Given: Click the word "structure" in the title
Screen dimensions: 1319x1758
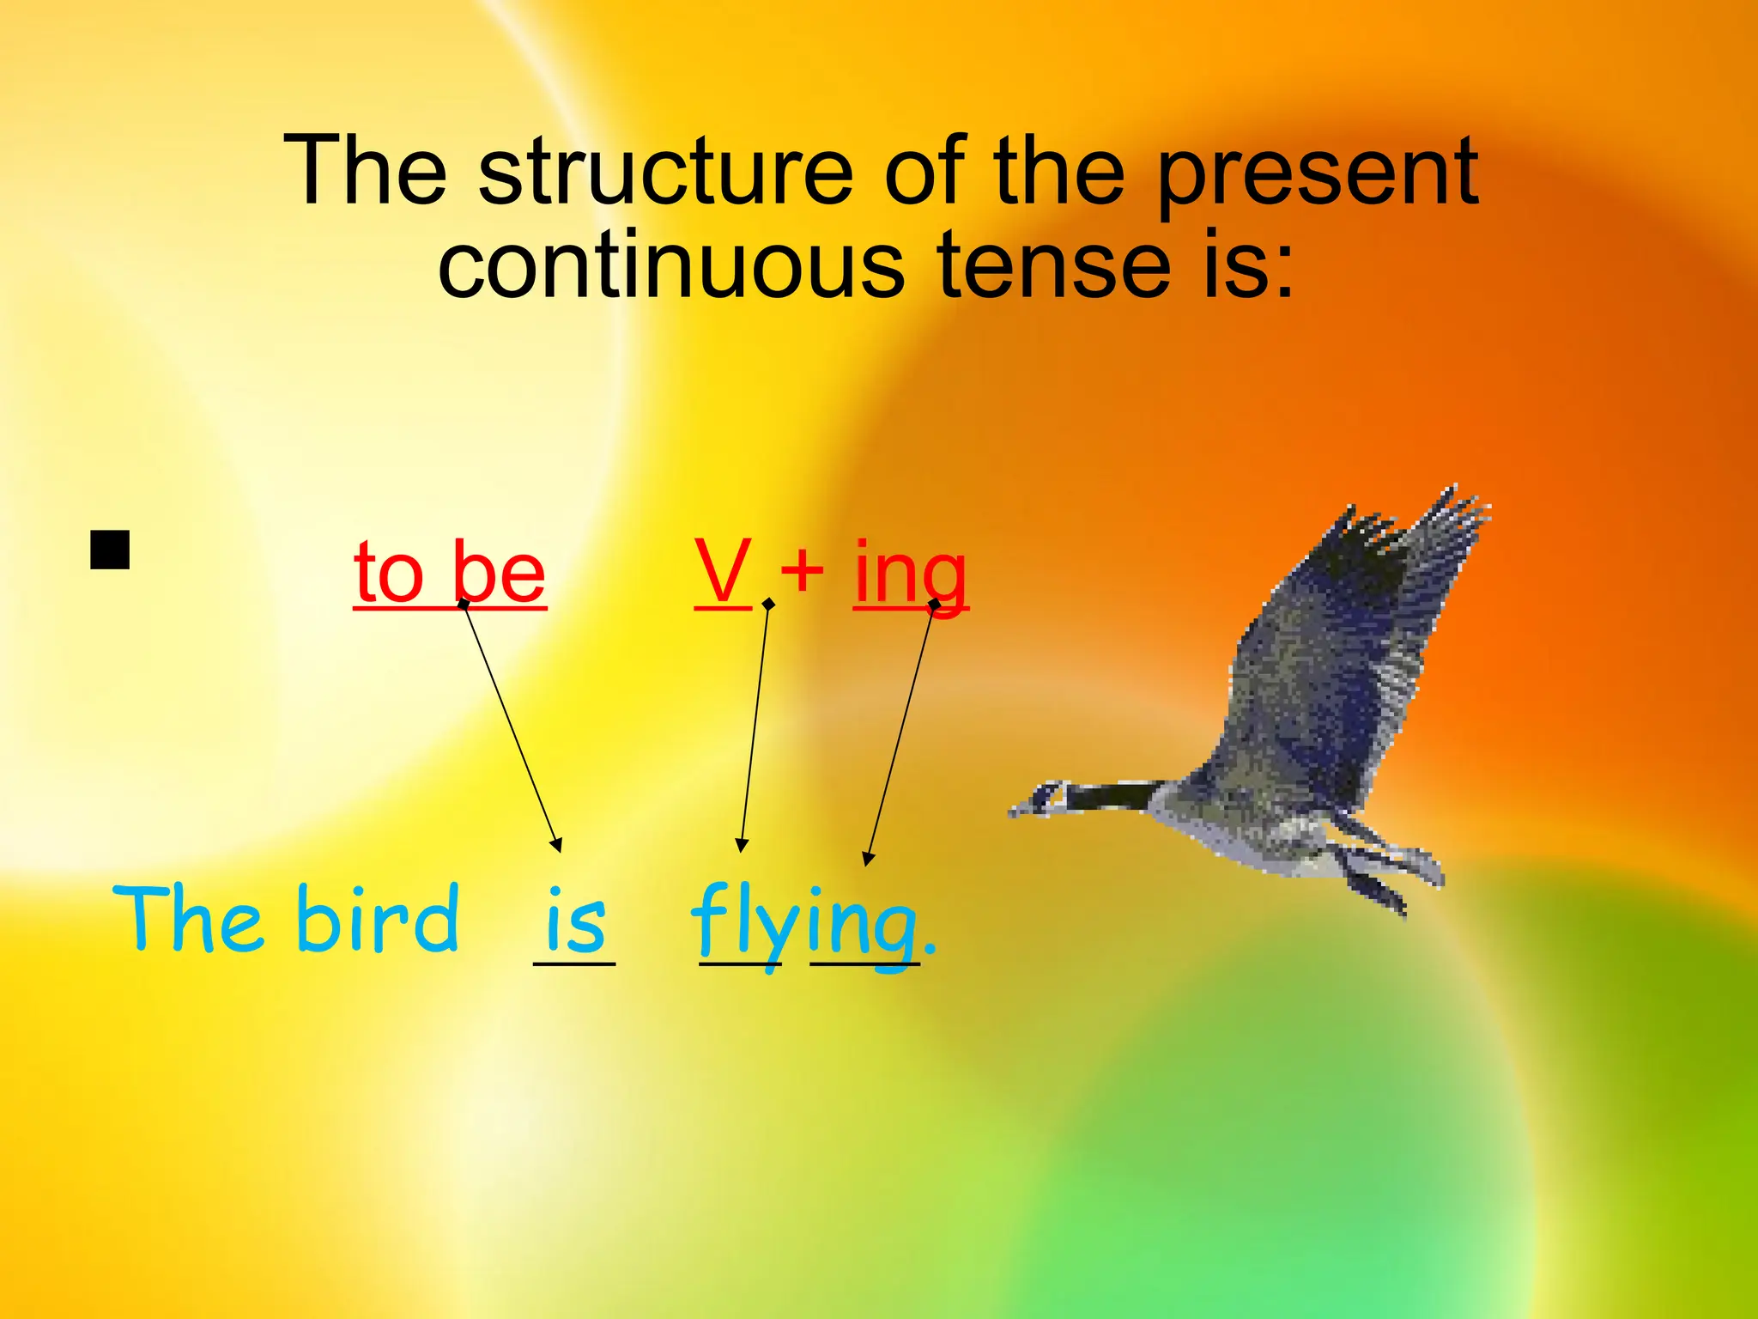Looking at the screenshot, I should click(x=665, y=172).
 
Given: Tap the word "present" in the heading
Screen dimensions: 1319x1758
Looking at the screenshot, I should click(x=1318, y=176).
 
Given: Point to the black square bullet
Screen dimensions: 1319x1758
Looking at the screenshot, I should click(x=110, y=550).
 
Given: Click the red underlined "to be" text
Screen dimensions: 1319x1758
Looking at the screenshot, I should click(x=450, y=573).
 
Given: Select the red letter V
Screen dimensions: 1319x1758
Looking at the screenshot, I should click(x=724, y=571).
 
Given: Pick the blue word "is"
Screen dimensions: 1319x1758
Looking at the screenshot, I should click(x=575, y=921).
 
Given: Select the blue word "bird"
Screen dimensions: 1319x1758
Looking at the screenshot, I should click(x=378, y=919).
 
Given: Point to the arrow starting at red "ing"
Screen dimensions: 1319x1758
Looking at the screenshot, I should click(x=900, y=734).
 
